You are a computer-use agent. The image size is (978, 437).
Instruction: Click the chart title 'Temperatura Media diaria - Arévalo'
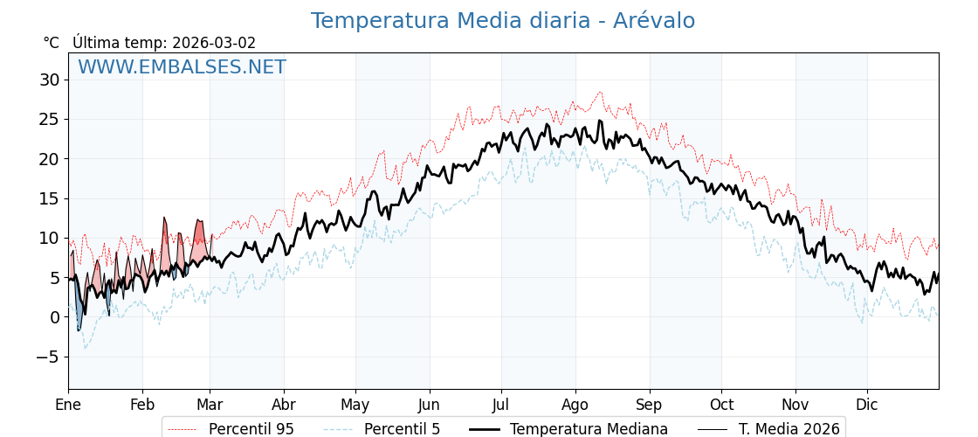503,21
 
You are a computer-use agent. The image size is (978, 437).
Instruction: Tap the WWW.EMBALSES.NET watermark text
182,67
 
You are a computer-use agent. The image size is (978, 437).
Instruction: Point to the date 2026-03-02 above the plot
214,43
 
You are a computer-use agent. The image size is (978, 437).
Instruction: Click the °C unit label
52,43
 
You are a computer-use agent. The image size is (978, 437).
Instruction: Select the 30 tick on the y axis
49,80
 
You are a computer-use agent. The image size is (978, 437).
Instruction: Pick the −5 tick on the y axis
47,357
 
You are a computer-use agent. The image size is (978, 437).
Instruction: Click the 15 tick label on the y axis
49,198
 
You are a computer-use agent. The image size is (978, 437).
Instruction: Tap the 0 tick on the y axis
54,317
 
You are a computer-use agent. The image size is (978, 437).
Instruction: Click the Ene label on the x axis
68,405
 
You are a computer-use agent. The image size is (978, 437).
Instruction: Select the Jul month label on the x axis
501,405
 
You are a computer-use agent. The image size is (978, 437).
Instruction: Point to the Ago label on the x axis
575,405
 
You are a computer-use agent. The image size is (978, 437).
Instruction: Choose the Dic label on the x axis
867,405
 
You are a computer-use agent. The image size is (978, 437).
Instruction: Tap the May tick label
355,405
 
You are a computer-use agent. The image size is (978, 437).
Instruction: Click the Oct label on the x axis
721,405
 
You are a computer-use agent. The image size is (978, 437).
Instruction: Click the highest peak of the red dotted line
600,92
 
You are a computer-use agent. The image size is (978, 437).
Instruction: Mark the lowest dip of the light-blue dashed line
85,349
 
